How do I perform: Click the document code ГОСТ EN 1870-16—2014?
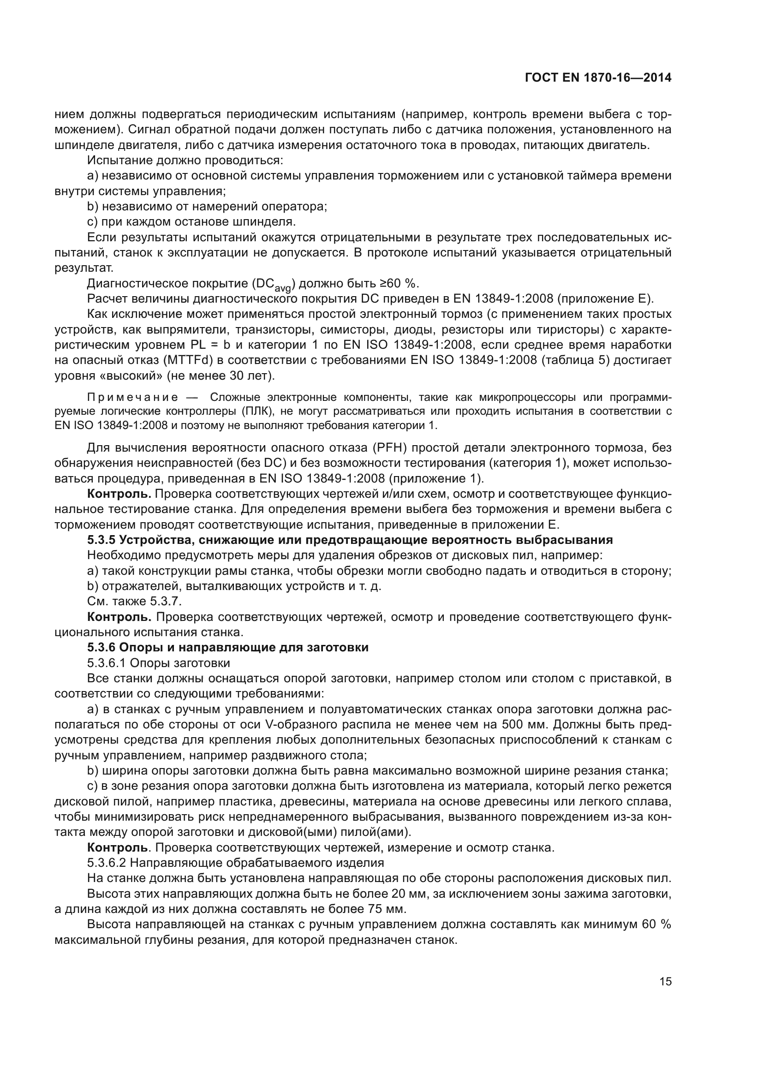pyautogui.click(x=597, y=78)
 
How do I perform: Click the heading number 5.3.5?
pyautogui.click(x=101, y=540)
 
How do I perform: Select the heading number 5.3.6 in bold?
pyautogui.click(x=101, y=647)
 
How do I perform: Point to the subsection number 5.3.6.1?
pyautogui.click(x=107, y=662)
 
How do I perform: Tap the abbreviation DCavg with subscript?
pyautogui.click(x=273, y=284)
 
